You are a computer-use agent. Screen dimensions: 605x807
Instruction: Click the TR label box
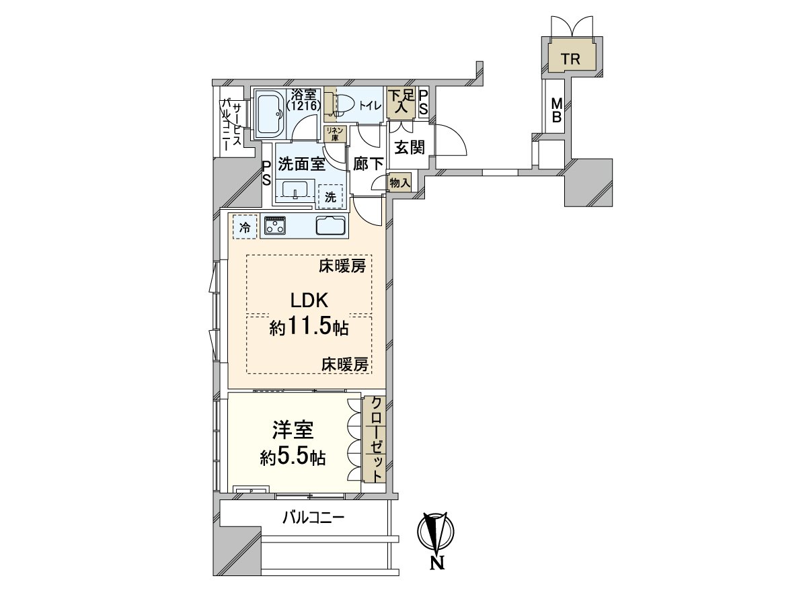click(x=570, y=58)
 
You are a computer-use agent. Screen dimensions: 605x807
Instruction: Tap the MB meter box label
click(x=557, y=111)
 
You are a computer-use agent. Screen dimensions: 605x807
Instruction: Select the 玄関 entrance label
click(x=409, y=147)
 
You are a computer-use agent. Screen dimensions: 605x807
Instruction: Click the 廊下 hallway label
click(x=369, y=163)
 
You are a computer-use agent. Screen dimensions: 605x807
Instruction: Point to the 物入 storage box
click(x=399, y=182)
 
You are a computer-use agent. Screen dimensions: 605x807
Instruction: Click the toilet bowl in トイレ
click(x=344, y=105)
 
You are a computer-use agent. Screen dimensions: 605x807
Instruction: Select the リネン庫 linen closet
click(x=334, y=134)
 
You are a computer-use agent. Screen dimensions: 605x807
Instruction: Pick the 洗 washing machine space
click(x=330, y=197)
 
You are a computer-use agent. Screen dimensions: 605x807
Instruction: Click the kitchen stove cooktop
click(x=274, y=226)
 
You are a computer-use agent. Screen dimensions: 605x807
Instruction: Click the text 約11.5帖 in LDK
click(x=309, y=328)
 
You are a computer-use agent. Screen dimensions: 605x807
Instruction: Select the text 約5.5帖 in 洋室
click(x=293, y=458)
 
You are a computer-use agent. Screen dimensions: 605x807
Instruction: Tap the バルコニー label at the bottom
click(x=313, y=518)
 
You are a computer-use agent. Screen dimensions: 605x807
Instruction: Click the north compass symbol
click(x=436, y=534)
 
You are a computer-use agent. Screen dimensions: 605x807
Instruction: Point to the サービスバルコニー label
click(x=233, y=124)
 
